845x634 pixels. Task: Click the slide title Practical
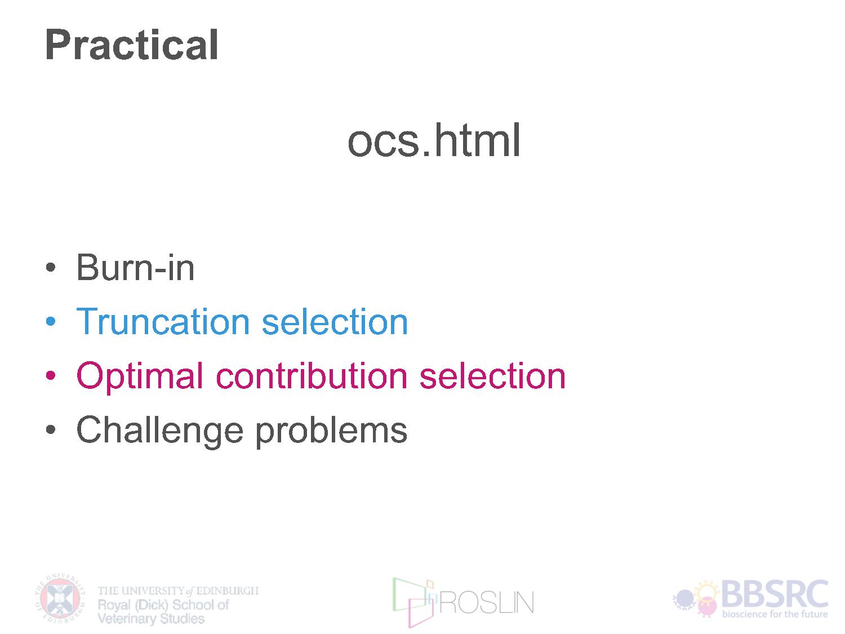click(x=132, y=45)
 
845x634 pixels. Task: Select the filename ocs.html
click(x=434, y=140)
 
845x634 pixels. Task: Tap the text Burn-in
click(x=135, y=267)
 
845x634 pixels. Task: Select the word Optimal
click(x=140, y=376)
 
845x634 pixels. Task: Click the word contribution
click(x=311, y=375)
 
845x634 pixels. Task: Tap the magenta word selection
click(x=492, y=375)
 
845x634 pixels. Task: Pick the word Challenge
click(x=160, y=431)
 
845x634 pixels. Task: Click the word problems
click(x=331, y=431)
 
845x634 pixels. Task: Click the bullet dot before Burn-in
click(x=51, y=267)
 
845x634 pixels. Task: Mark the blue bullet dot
click(x=51, y=321)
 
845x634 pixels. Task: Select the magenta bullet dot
click(x=51, y=375)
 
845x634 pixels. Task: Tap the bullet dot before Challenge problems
click(x=51, y=429)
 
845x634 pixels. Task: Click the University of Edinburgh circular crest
click(x=60, y=598)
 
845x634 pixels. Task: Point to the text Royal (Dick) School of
click(x=163, y=605)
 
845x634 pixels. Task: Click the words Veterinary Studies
click(x=151, y=619)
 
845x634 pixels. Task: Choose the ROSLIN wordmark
click(x=487, y=603)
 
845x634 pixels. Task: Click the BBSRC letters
click(x=775, y=593)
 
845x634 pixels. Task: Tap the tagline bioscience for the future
click(x=775, y=614)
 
